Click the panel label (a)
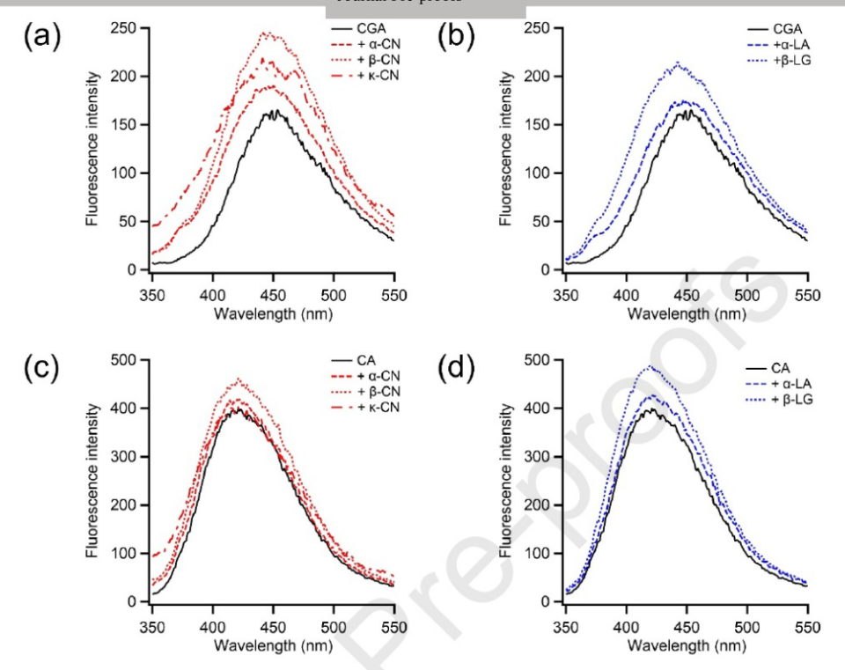pos(41,37)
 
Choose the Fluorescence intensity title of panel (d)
pos(507,482)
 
